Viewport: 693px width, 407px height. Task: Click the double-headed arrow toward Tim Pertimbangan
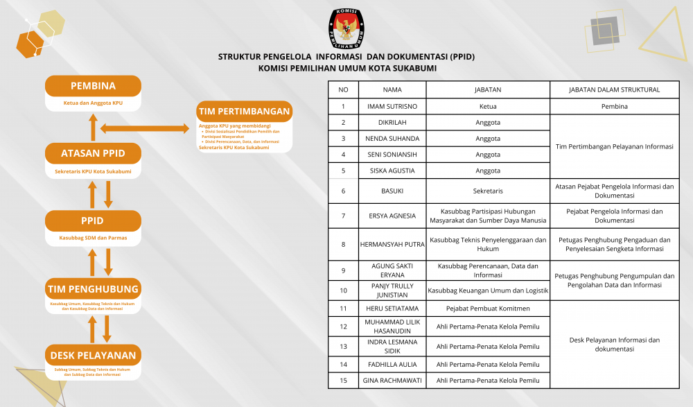tap(144, 128)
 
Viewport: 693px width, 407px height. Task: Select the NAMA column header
tap(392, 89)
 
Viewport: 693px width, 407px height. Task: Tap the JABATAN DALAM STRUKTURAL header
tap(614, 89)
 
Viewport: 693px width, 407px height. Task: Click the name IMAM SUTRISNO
tap(392, 106)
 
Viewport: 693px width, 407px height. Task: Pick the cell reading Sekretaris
tap(488, 191)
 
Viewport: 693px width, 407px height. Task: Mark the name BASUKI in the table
tap(392, 191)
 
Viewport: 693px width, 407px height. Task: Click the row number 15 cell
tap(343, 380)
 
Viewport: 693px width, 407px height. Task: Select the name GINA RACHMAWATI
tap(392, 380)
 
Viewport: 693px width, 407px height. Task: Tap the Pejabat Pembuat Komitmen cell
tap(488, 308)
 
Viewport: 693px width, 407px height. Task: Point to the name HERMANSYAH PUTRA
tap(392, 244)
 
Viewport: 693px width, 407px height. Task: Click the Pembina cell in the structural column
tap(614, 106)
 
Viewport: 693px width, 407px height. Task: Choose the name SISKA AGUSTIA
tap(392, 171)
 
